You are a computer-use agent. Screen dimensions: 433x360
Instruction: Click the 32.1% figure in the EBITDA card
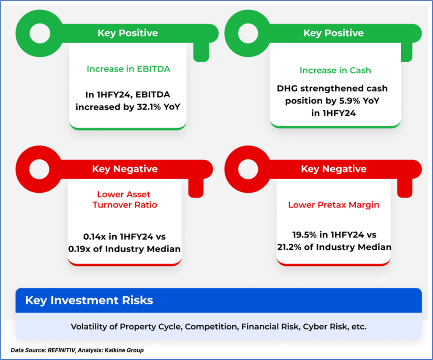[148, 107]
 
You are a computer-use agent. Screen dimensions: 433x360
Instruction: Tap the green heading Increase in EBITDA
[128, 69]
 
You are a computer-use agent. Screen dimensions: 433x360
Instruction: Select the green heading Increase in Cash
[335, 71]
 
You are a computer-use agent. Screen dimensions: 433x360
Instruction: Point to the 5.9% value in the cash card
[349, 101]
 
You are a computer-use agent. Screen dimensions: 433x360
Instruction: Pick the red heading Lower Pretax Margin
[334, 205]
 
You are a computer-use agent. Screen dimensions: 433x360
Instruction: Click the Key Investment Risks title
[89, 300]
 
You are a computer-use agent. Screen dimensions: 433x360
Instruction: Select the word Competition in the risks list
[211, 327]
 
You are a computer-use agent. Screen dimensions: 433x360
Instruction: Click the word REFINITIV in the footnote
[61, 350]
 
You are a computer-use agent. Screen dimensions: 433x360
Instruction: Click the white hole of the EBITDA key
[40, 33]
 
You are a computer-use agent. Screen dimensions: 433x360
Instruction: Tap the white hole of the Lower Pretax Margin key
[248, 169]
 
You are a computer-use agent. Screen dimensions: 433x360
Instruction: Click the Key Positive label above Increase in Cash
[334, 33]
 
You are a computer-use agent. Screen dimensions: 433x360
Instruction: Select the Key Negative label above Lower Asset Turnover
[125, 169]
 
